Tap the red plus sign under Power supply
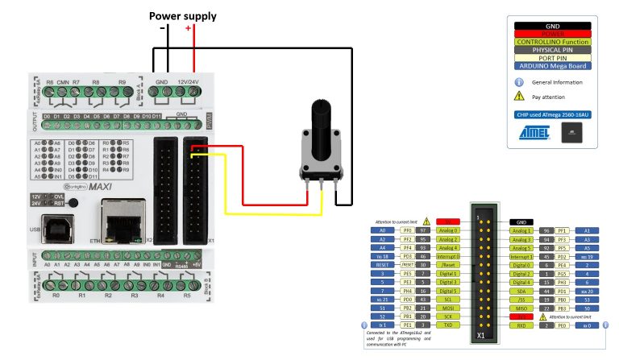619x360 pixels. [x=189, y=29]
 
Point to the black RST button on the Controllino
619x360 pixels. [x=73, y=201]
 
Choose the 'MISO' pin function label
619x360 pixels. [x=521, y=308]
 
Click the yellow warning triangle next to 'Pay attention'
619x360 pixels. [x=520, y=97]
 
